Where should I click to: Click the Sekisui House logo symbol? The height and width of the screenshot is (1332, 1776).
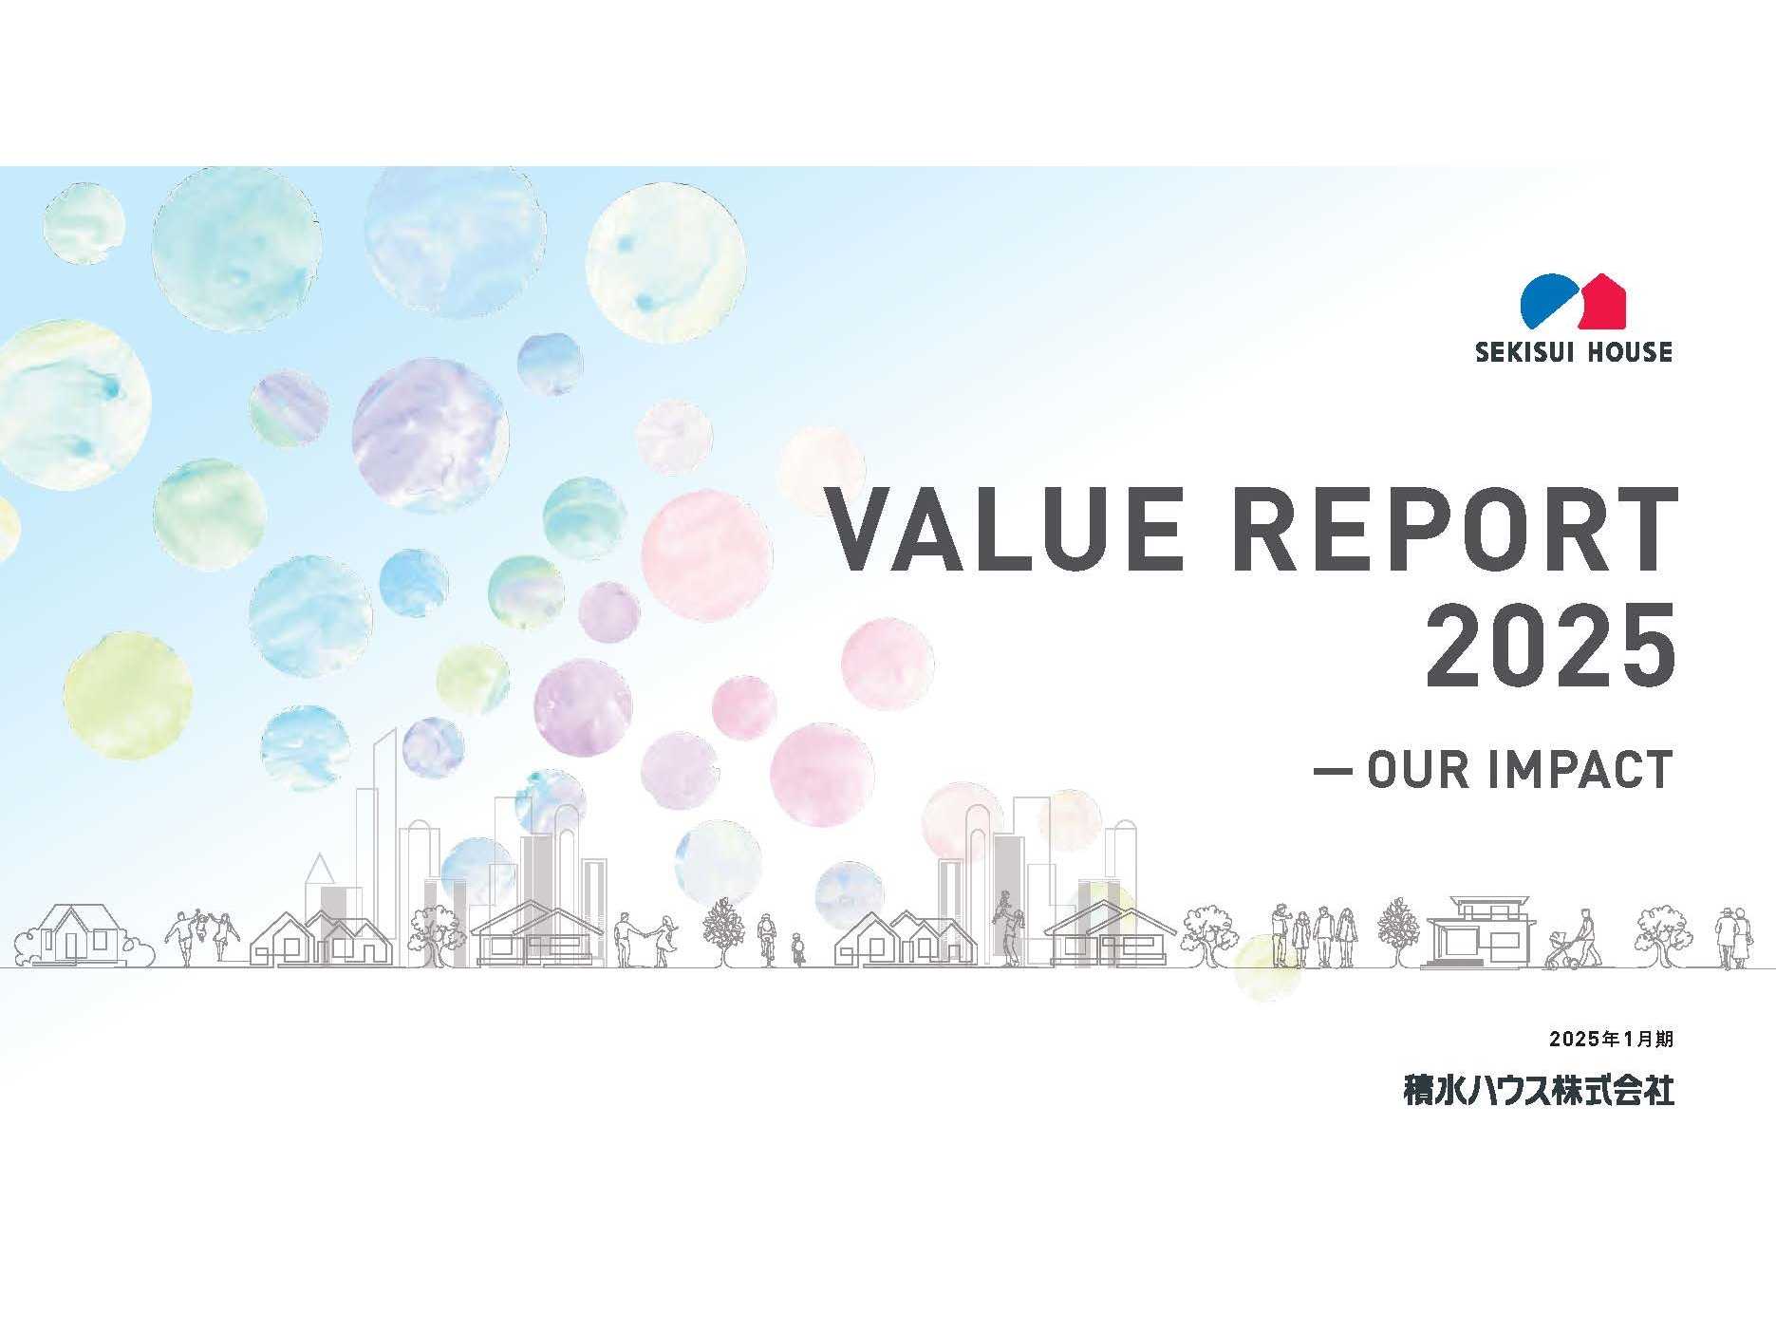pos(1573,300)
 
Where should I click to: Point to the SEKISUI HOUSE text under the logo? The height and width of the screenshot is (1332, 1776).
pos(1573,352)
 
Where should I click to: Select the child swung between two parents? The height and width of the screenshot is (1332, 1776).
pos(200,929)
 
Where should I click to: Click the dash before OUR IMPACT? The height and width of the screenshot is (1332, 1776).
pos(1333,770)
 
